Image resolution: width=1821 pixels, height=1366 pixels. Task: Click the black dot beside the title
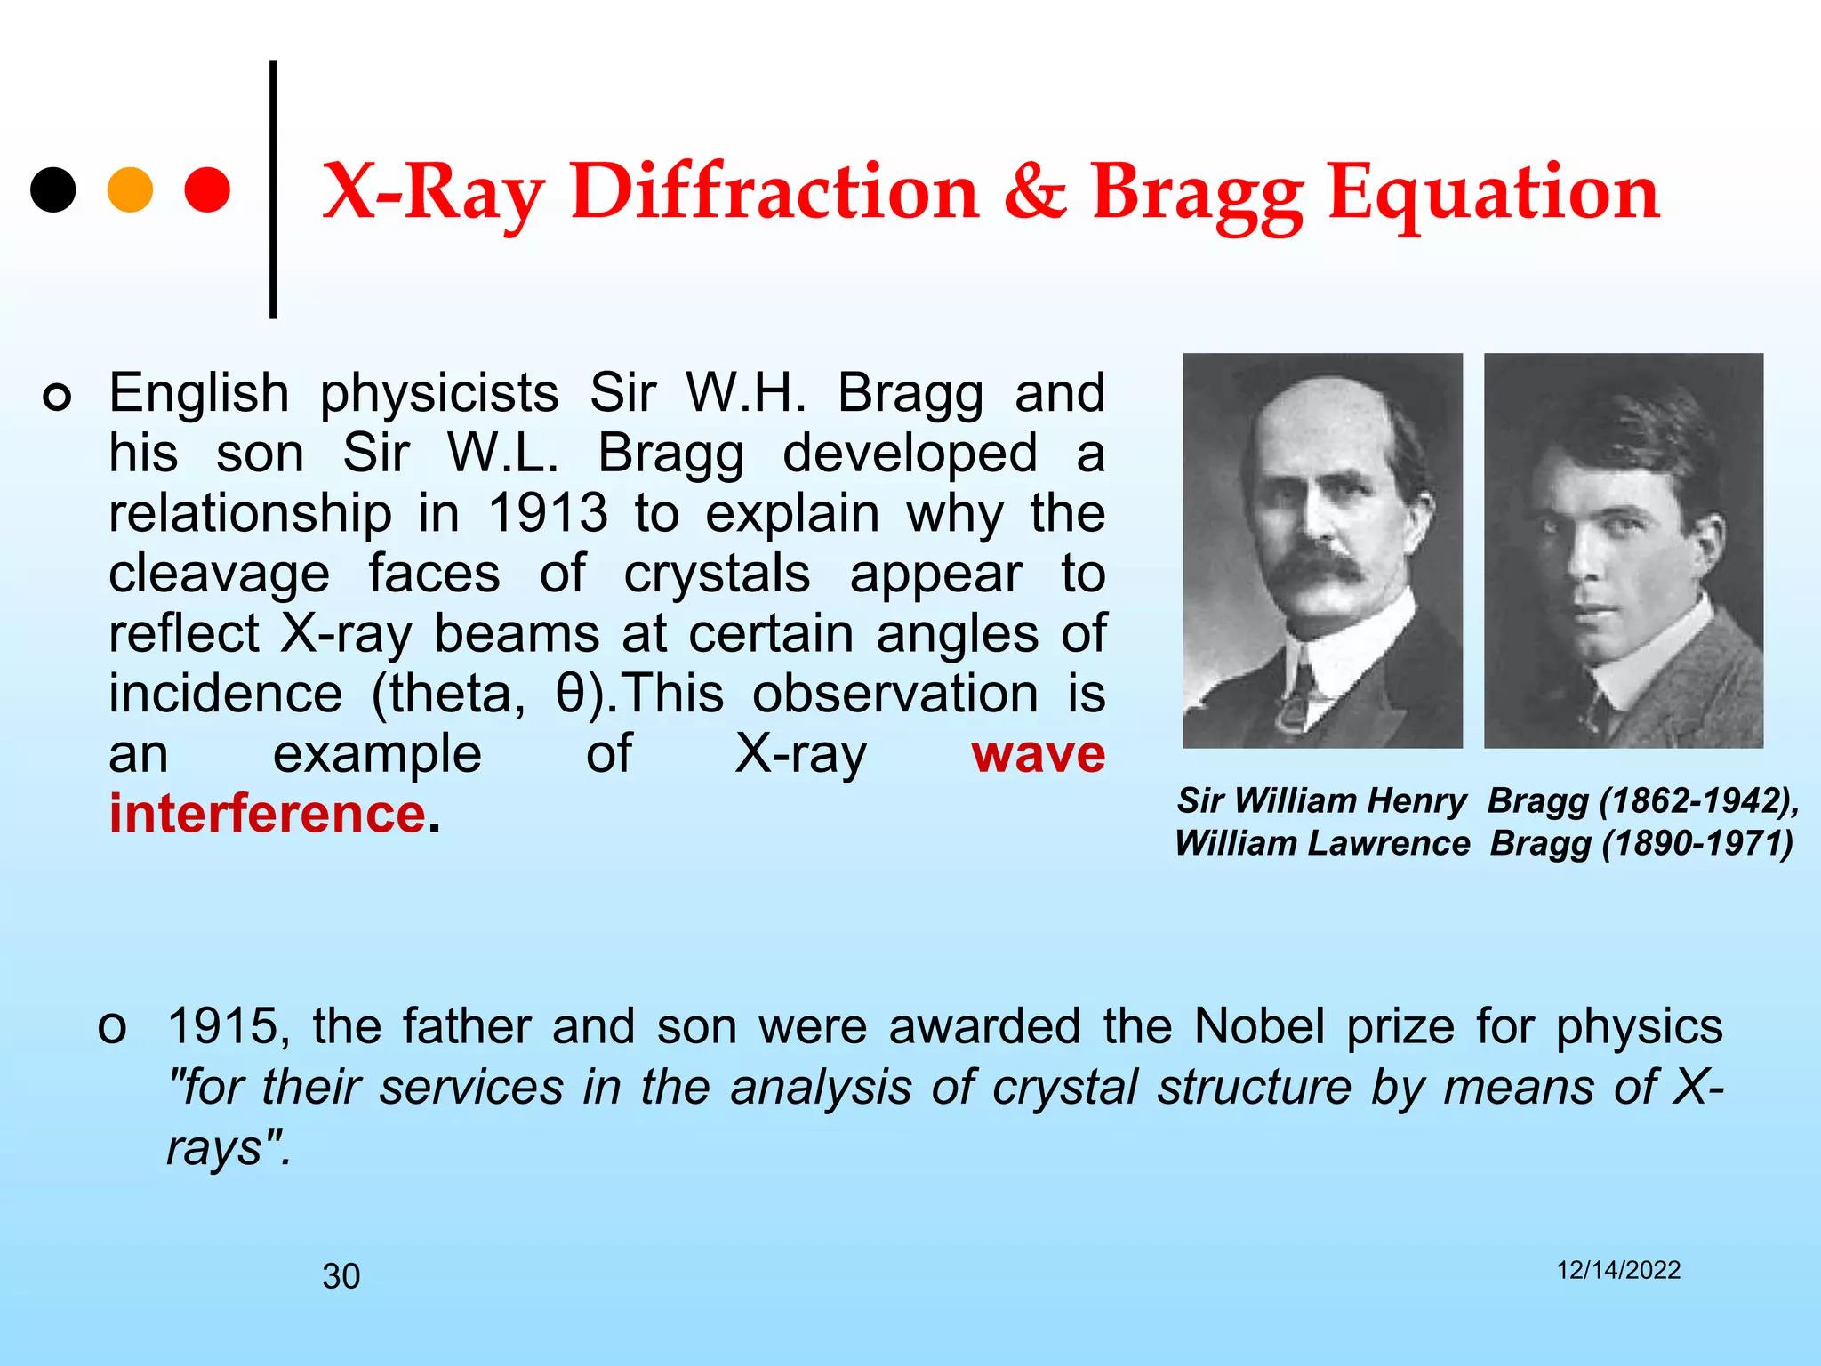(x=53, y=190)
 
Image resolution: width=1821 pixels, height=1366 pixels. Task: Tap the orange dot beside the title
(x=130, y=190)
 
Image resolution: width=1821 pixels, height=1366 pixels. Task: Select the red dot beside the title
(x=207, y=190)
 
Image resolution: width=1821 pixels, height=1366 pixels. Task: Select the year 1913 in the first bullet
(x=548, y=513)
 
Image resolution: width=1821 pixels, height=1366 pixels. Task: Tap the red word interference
(x=268, y=814)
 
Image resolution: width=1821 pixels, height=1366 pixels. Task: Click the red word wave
(x=1038, y=754)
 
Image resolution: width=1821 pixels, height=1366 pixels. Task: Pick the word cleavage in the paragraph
(x=219, y=574)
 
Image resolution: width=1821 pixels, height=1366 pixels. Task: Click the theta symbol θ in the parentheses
(x=569, y=694)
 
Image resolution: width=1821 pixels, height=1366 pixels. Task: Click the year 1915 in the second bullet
(x=223, y=1026)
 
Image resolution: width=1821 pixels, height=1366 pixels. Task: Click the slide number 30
(x=341, y=1276)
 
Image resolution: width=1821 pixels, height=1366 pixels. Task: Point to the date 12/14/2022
(x=1618, y=1270)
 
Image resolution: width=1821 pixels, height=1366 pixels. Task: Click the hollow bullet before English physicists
(x=57, y=397)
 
